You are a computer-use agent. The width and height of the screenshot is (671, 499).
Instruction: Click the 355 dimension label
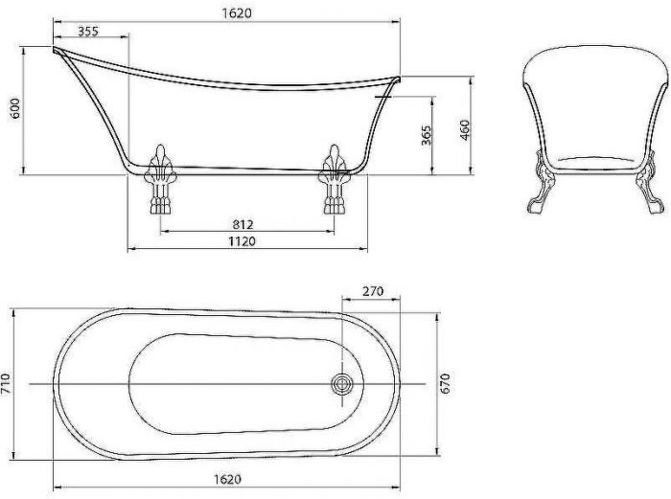[88, 32]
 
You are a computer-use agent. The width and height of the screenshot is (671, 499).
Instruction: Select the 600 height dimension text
[14, 108]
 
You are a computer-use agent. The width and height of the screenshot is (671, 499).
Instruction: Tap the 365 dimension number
[427, 135]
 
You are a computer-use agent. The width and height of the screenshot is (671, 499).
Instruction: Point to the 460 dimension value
[464, 129]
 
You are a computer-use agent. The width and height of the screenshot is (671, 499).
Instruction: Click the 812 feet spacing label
[243, 224]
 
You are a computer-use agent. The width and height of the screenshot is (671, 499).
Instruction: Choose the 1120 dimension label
[242, 241]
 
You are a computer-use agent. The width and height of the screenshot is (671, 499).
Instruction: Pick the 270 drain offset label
[373, 291]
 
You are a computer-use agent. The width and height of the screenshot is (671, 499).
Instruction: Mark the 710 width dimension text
[5, 383]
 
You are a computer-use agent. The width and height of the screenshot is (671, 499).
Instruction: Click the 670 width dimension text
[445, 383]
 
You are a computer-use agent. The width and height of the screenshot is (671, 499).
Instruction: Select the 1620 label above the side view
[237, 12]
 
